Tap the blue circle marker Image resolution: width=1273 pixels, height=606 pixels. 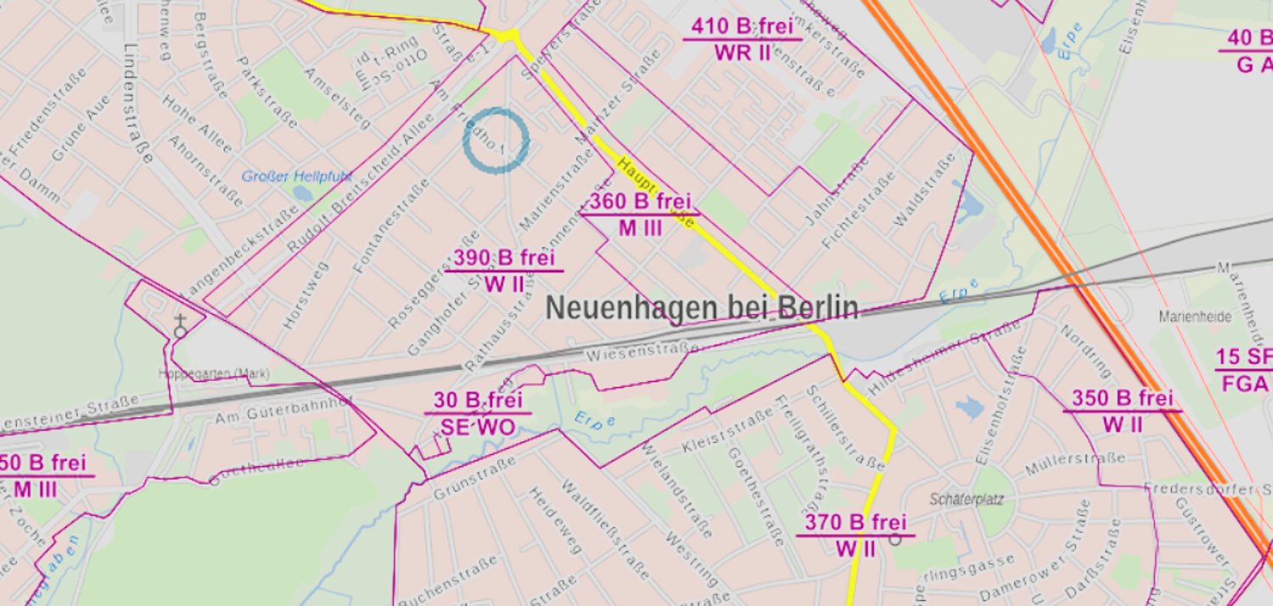click(x=496, y=141)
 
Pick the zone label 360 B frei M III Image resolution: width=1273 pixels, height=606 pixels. click(x=640, y=215)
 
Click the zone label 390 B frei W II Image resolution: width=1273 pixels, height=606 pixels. click(x=503, y=271)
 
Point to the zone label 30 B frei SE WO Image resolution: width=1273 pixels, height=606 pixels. click(x=478, y=413)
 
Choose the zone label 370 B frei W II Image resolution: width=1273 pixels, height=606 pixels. click(x=855, y=536)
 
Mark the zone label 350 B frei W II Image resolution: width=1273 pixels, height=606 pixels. click(x=1122, y=411)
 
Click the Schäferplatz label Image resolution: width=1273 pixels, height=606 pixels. click(x=967, y=500)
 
